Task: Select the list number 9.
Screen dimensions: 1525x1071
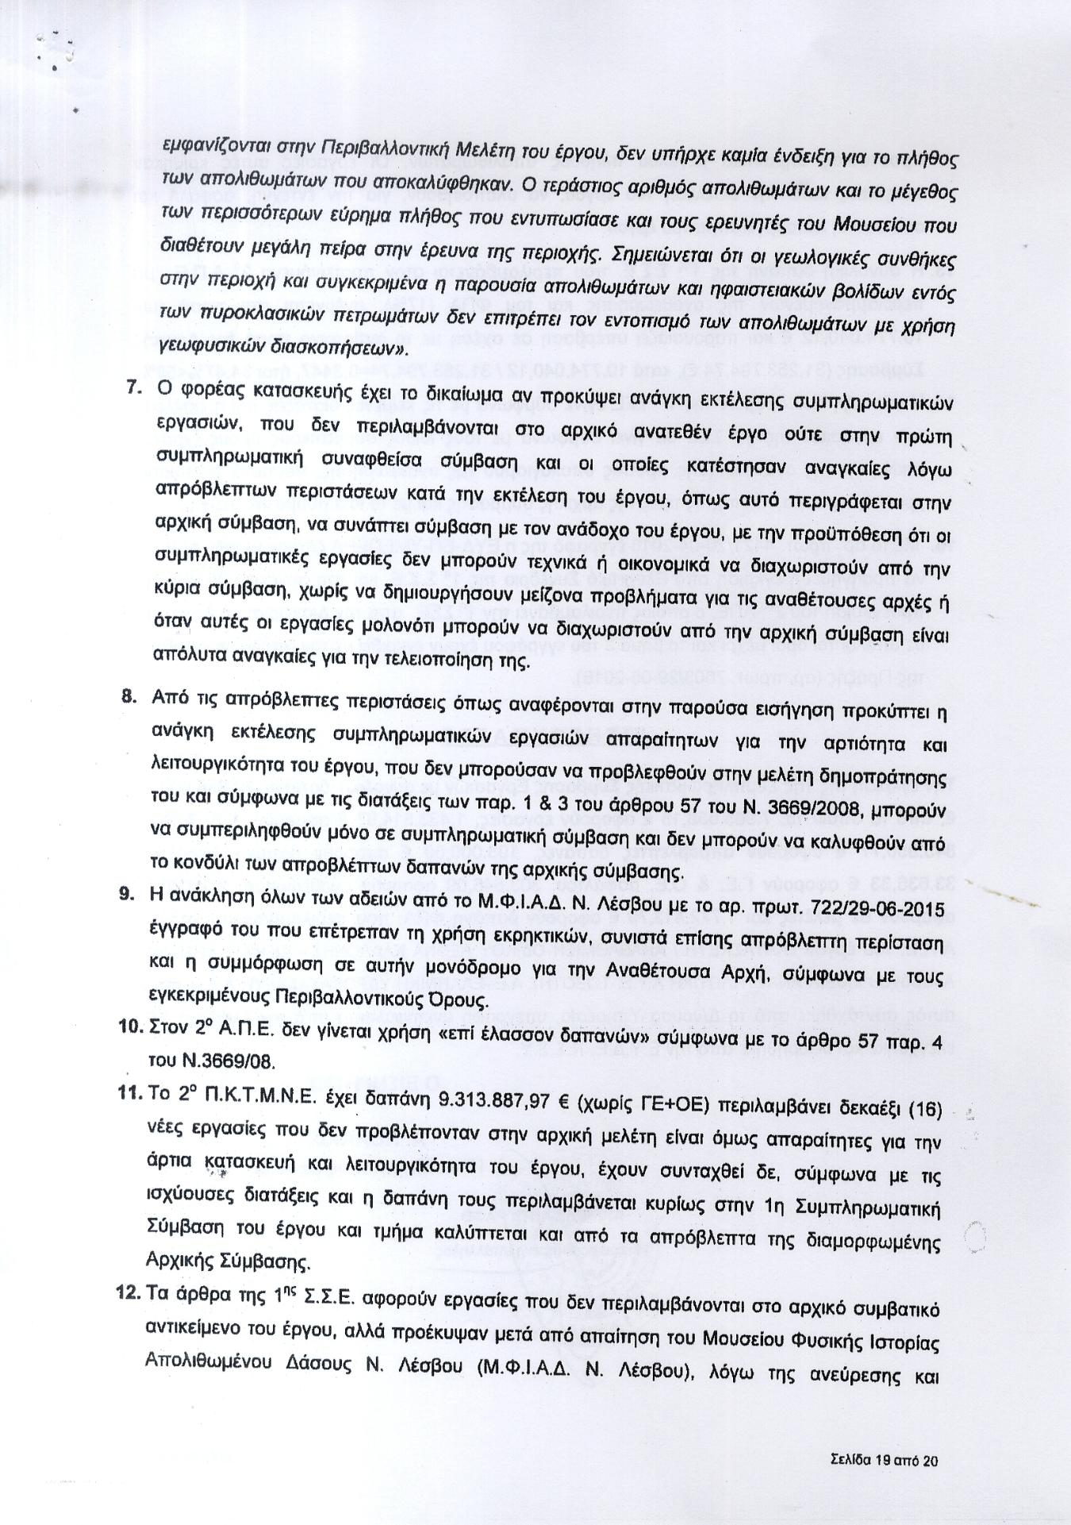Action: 126,893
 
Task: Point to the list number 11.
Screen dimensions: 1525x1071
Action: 129,1092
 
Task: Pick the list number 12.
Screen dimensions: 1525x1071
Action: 129,1292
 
